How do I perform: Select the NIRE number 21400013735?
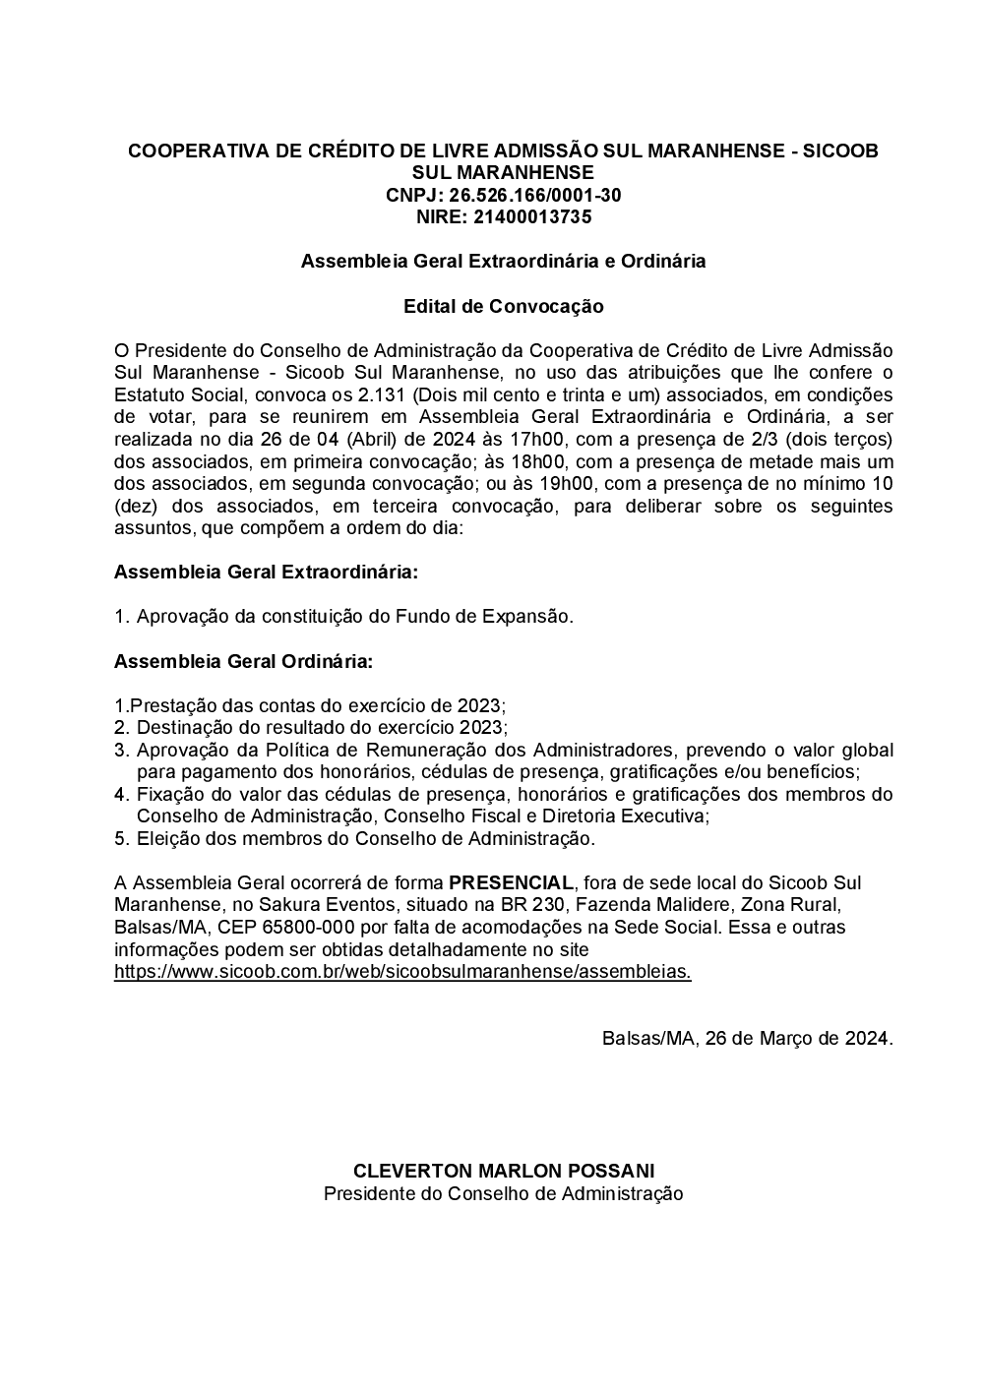pyautogui.click(x=532, y=217)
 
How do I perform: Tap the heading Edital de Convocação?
pyautogui.click(x=503, y=306)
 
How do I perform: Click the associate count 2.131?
pyautogui.click(x=379, y=395)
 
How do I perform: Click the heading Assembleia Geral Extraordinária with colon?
pyautogui.click(x=266, y=573)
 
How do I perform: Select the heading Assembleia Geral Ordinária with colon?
pyautogui.click(x=243, y=662)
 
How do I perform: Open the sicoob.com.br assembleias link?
pyautogui.click(x=402, y=972)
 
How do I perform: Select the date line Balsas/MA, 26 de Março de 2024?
pyautogui.click(x=747, y=1039)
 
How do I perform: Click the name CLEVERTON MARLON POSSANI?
pyautogui.click(x=503, y=1172)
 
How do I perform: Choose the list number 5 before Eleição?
pyautogui.click(x=121, y=839)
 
